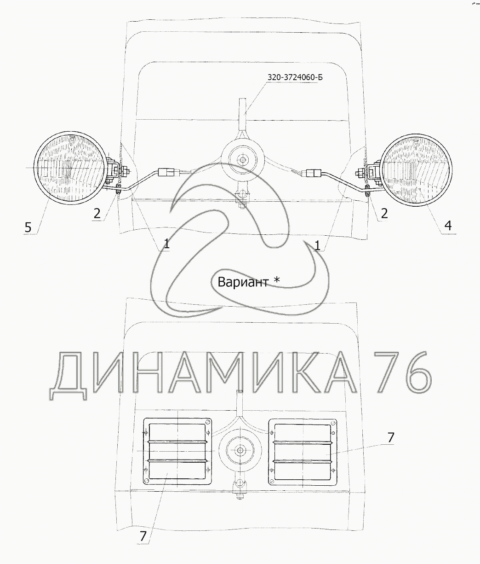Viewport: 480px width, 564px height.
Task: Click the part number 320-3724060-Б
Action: coord(295,77)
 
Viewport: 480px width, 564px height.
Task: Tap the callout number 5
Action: coord(28,227)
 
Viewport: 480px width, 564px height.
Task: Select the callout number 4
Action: coord(448,226)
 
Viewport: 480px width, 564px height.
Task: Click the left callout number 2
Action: coord(97,213)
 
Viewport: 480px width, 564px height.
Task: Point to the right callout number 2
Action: coord(384,213)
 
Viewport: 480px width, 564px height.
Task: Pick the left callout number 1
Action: coord(166,243)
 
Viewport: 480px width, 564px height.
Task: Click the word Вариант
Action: coord(243,282)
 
